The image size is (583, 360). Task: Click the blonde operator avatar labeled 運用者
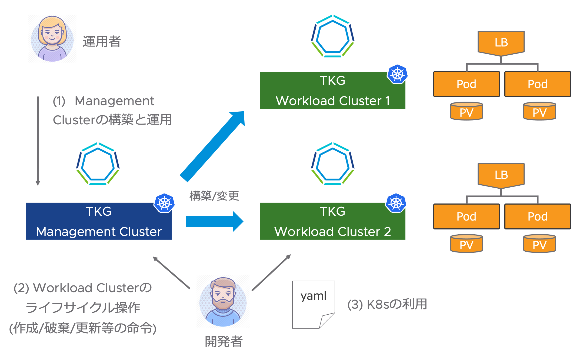click(x=52, y=39)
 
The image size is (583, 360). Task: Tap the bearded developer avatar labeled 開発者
click(x=223, y=301)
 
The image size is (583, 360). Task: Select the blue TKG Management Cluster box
click(x=99, y=221)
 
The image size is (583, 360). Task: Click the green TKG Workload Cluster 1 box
click(x=332, y=91)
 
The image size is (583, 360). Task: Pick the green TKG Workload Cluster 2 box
click(x=332, y=221)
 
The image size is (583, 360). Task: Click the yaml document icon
click(x=313, y=305)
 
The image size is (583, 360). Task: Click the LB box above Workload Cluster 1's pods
click(x=501, y=42)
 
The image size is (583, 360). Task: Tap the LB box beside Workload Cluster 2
click(x=501, y=175)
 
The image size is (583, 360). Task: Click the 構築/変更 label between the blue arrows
click(x=214, y=196)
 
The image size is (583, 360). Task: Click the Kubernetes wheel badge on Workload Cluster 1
click(x=397, y=74)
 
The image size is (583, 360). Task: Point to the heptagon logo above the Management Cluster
click(x=98, y=164)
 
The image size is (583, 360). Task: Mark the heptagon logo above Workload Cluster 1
click(x=332, y=36)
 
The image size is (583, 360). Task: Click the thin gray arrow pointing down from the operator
click(x=38, y=141)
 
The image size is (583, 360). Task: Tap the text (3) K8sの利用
click(x=387, y=304)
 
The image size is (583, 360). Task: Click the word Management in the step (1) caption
click(x=114, y=101)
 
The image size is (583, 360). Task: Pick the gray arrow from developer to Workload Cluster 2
click(x=271, y=272)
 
